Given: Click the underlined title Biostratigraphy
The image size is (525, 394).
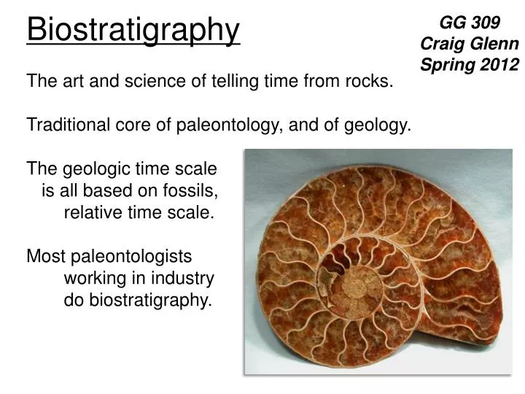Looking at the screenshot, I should pyautogui.click(x=133, y=31).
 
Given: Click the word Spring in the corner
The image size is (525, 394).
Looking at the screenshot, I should pyautogui.click(x=447, y=64).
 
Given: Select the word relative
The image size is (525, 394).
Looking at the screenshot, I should pyautogui.click(x=92, y=213).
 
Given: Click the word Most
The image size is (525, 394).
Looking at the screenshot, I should pyautogui.click(x=45, y=257).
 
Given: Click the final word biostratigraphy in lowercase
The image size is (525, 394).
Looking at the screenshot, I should pyautogui.click(x=151, y=301).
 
